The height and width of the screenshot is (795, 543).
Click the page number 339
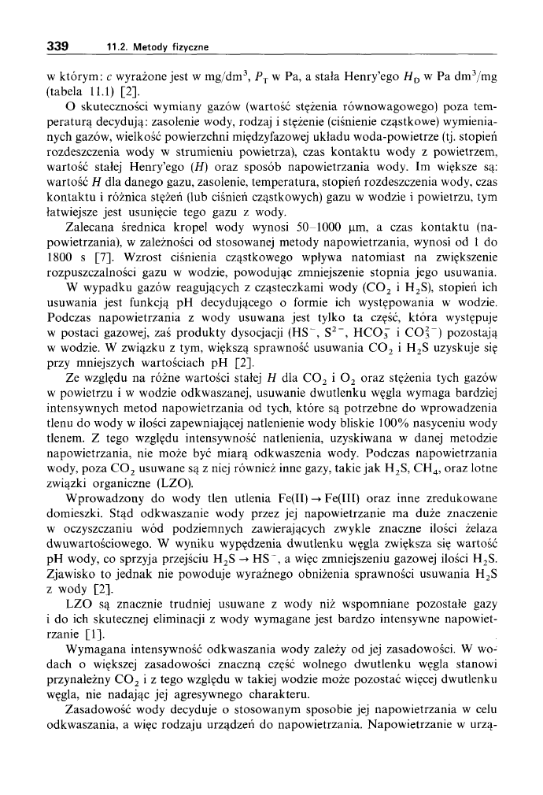(57, 46)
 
